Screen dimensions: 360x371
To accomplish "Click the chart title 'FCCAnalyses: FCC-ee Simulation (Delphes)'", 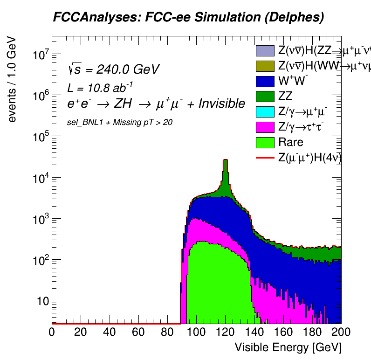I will point(188,18).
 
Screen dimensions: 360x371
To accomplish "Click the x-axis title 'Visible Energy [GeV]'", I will point(288,347).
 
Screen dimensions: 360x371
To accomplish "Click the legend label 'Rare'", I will point(290,143).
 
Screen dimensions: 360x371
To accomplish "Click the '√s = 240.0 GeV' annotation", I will point(113,69).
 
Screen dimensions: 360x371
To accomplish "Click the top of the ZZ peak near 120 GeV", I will point(226,160).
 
